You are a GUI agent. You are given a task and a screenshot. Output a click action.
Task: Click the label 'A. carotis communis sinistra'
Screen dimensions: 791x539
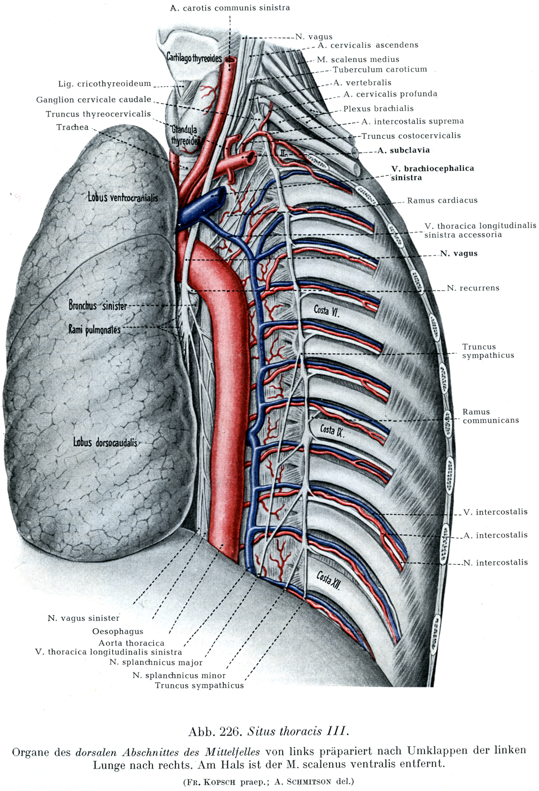(x=230, y=8)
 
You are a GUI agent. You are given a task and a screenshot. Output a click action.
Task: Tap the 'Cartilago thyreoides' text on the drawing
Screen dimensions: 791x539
(x=194, y=58)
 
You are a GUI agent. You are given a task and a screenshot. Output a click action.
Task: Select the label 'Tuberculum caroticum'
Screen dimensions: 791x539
(x=380, y=69)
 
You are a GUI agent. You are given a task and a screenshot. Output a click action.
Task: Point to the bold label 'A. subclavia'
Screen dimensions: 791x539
(x=404, y=150)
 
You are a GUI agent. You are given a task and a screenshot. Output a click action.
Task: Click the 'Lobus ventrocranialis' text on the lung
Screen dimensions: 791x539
(x=123, y=197)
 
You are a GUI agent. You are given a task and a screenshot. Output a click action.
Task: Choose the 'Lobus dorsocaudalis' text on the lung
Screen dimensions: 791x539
(x=105, y=442)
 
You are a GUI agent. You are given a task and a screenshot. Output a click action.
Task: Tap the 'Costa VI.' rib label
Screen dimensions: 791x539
(x=327, y=310)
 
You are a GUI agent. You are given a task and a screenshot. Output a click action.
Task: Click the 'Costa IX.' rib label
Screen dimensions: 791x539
(x=332, y=430)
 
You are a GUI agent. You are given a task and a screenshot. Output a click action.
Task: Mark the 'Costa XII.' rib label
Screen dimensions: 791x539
(x=329, y=579)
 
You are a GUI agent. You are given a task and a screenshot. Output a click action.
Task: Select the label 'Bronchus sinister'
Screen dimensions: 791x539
(x=98, y=306)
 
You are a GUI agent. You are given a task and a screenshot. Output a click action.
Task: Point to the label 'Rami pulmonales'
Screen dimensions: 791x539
(x=94, y=330)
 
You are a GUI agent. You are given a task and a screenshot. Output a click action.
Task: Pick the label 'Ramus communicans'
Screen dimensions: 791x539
(x=490, y=416)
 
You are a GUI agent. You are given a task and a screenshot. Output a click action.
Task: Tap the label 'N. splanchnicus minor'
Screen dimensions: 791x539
(x=179, y=675)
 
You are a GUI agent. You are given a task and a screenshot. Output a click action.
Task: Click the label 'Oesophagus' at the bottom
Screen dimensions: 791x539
(x=117, y=631)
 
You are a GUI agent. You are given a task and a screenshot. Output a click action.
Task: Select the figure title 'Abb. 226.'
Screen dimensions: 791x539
(x=215, y=731)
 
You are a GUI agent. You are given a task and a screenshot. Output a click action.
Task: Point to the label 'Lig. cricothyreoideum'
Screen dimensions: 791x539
(x=104, y=84)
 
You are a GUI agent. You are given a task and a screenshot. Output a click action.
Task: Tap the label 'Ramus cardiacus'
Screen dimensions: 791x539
(x=442, y=200)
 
